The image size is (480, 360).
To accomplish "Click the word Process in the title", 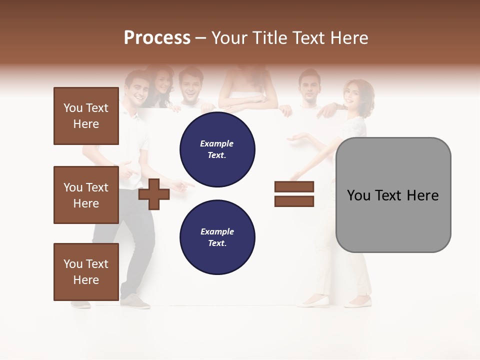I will [157, 38].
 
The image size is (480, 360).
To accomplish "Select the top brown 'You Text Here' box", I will [86, 116].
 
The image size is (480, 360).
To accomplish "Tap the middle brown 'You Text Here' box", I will [86, 195].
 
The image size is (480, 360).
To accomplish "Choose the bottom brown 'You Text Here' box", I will [86, 272].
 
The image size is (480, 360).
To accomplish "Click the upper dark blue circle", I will [217, 149].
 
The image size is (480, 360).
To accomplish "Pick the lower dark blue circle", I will [217, 237].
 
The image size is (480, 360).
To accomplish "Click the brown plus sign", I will [154, 194].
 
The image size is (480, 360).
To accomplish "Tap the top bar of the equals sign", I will [294, 187].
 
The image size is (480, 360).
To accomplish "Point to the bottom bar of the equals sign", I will [294, 201].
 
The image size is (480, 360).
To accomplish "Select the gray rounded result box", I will [393, 195].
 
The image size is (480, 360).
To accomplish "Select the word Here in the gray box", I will [422, 195].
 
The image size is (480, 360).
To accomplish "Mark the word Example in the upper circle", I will [217, 144].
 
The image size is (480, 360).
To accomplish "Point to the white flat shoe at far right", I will [359, 302].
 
